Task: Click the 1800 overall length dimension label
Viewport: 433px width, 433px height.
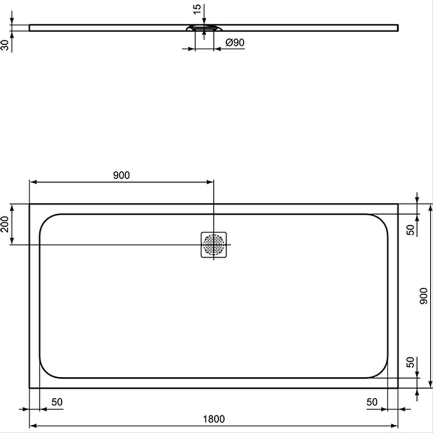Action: click(214, 419)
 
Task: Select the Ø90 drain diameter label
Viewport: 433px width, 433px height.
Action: click(235, 42)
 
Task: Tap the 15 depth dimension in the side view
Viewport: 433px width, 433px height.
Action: click(197, 9)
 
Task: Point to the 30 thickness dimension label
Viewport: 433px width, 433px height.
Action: click(5, 45)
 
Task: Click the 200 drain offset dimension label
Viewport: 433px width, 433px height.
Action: click(5, 224)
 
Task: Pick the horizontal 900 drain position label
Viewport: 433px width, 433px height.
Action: click(121, 175)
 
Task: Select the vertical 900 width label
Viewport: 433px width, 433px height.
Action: click(423, 296)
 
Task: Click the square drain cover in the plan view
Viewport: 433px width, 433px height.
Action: click(214, 245)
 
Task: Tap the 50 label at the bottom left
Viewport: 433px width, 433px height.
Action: click(57, 402)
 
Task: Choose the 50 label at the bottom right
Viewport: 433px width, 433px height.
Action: click(372, 402)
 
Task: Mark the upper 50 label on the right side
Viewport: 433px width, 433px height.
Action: click(411, 230)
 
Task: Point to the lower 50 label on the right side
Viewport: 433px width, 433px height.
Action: click(411, 363)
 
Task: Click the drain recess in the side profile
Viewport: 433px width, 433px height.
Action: click(204, 28)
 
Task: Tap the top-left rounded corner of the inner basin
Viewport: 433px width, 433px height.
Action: click(46, 220)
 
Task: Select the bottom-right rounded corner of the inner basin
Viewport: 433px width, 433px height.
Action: click(382, 372)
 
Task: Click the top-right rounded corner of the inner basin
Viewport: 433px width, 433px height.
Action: click(382, 220)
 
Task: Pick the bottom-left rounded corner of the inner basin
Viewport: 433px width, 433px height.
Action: click(46, 372)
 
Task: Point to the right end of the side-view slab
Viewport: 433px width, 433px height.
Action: click(398, 28)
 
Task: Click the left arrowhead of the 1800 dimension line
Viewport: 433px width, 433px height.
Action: click(33, 426)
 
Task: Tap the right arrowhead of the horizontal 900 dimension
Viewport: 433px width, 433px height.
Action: click(210, 182)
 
